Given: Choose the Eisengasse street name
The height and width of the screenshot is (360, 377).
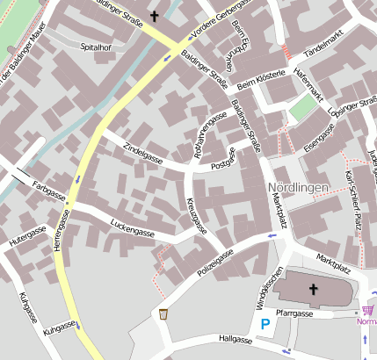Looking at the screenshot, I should (x=319, y=139).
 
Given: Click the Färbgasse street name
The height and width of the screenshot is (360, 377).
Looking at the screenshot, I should (x=49, y=189).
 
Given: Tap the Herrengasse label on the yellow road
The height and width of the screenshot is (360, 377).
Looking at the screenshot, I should (x=62, y=242).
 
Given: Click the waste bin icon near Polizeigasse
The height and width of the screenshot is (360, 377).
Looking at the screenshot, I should (x=163, y=313).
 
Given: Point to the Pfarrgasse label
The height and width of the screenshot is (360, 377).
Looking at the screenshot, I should (x=294, y=313).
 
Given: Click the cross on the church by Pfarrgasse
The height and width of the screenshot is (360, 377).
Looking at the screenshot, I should (x=314, y=289).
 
